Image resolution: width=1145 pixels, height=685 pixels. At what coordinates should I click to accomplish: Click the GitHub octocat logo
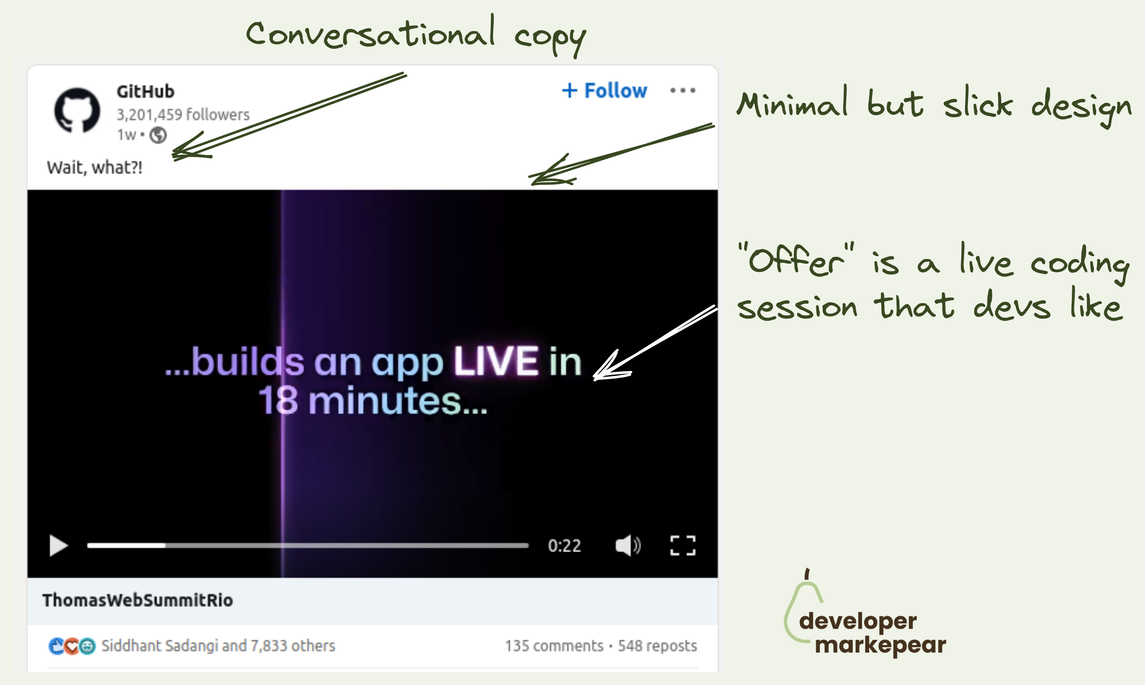coord(77,110)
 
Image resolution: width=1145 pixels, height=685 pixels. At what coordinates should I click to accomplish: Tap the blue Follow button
coord(604,90)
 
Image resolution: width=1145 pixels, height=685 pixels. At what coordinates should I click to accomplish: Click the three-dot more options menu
coord(682,90)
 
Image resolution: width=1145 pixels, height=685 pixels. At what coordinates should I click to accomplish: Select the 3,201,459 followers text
coord(183,114)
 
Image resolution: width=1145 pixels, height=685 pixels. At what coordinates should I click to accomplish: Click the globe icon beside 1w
coord(158,135)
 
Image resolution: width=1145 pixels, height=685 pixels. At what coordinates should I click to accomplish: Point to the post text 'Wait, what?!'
coord(95,167)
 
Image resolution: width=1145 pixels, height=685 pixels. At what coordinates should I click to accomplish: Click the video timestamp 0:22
coord(564,545)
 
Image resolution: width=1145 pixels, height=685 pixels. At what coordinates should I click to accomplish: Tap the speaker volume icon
coord(628,545)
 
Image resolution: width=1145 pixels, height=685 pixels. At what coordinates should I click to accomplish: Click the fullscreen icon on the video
coord(682,545)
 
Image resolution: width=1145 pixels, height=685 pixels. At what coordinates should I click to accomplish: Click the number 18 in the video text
coord(278,400)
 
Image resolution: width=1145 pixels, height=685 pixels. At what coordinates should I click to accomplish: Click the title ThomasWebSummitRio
coord(138,600)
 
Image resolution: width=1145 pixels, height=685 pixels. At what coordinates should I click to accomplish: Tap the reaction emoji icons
coord(72,646)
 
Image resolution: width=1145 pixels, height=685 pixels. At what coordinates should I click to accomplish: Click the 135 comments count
coord(554,646)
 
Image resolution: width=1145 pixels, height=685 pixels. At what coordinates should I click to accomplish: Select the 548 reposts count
coord(657,646)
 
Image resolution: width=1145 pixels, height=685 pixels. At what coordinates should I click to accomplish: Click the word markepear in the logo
coord(880,645)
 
